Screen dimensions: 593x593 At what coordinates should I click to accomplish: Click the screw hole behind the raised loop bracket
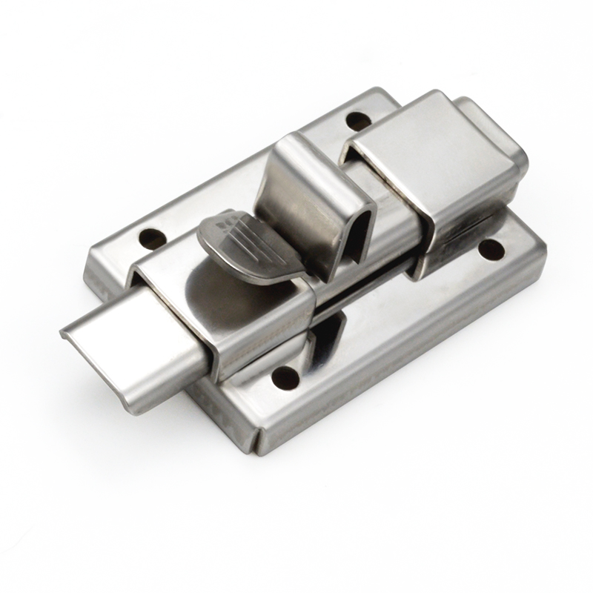tap(360, 119)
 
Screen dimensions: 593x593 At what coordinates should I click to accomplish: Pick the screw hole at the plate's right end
tap(490, 250)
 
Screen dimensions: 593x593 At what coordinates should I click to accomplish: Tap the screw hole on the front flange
tap(285, 378)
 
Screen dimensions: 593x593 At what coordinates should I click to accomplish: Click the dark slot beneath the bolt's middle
tap(348, 296)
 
